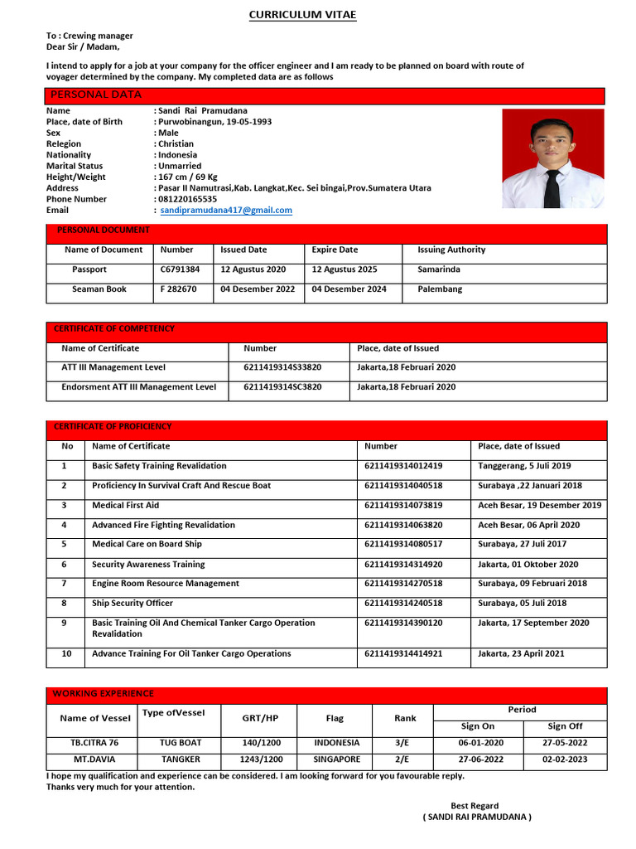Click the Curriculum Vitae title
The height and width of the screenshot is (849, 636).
pyautogui.click(x=303, y=15)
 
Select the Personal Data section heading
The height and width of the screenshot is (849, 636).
pyautogui.click(x=96, y=95)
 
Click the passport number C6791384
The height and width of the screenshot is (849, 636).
pyautogui.click(x=180, y=269)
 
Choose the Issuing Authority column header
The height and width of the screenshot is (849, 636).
pyautogui.click(x=451, y=250)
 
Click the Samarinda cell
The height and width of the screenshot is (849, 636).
pyautogui.click(x=439, y=269)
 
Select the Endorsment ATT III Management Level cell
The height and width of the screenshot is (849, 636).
pyautogui.click(x=139, y=387)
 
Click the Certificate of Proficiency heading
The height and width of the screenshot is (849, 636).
pyautogui.click(x=113, y=426)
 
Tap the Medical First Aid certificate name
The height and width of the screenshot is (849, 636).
pyautogui.click(x=125, y=505)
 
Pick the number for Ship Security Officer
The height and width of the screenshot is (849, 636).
pyautogui.click(x=403, y=604)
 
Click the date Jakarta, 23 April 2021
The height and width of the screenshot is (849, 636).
pyautogui.click(x=521, y=653)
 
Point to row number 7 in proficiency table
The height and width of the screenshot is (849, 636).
pyautogui.click(x=64, y=584)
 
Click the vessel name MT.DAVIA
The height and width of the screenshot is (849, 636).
pyautogui.click(x=94, y=759)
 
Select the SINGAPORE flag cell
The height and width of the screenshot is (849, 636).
pyautogui.click(x=337, y=759)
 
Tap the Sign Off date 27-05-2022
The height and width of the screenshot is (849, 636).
pyautogui.click(x=565, y=743)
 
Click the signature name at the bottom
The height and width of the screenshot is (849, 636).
pyautogui.click(x=477, y=817)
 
